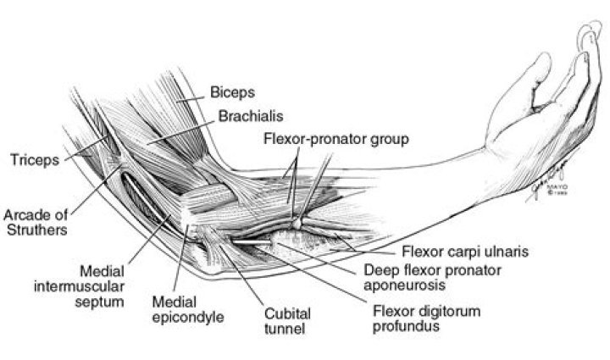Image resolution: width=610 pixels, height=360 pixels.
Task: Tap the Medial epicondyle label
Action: click(x=188, y=309)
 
